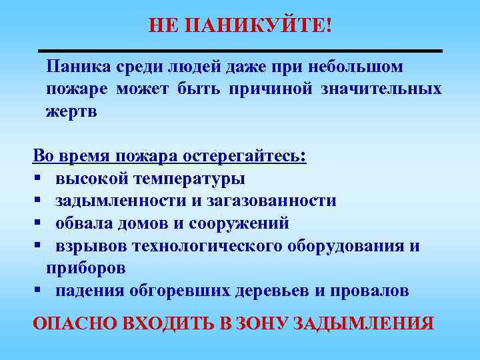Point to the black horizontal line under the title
(x=240, y=51)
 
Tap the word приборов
(x=85, y=268)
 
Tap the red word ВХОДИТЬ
(x=161, y=324)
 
